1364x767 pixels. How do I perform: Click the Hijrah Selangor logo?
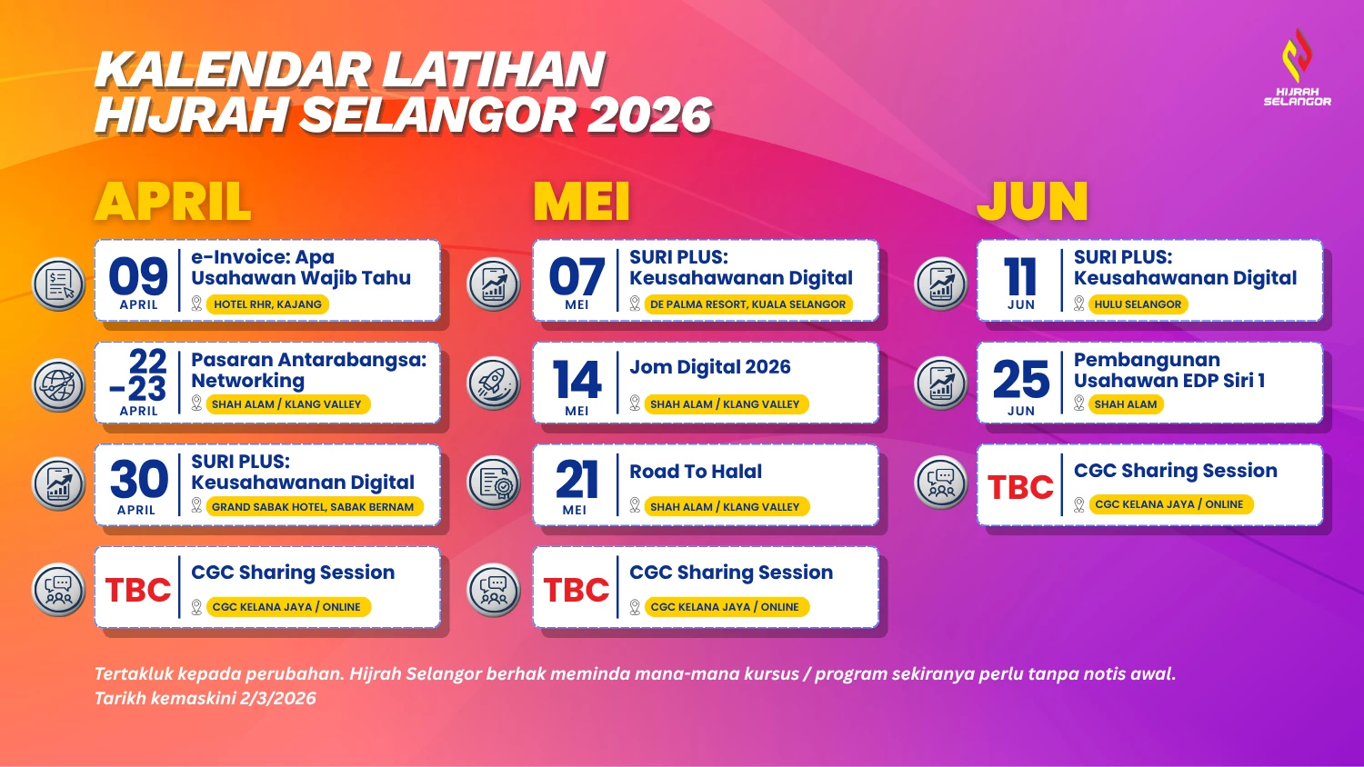pos(1297,67)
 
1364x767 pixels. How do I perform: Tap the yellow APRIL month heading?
pos(173,202)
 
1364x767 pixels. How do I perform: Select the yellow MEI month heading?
pos(582,202)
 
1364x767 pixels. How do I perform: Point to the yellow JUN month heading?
pos(1032,202)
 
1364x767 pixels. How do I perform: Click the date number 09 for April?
pos(138,276)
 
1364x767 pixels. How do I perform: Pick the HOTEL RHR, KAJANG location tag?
pos(267,304)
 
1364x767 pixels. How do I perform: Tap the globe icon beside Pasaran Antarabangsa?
pos(58,385)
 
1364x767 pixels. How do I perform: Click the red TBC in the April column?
pos(138,589)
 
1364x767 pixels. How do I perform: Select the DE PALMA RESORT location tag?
pos(747,304)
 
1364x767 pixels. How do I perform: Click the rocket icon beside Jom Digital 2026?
pos(493,383)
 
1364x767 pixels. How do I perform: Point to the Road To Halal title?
pos(696,471)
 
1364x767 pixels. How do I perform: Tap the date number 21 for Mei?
pos(576,481)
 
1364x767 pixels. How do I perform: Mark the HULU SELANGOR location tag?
pos(1138,304)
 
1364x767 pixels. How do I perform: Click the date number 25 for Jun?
pos(1021,379)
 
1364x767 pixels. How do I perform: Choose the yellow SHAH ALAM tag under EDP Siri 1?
pos(1126,404)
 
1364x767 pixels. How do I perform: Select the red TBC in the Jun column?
pos(1020,487)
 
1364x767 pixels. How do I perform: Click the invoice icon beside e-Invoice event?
pos(58,284)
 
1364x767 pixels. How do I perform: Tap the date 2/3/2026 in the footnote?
pos(277,698)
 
